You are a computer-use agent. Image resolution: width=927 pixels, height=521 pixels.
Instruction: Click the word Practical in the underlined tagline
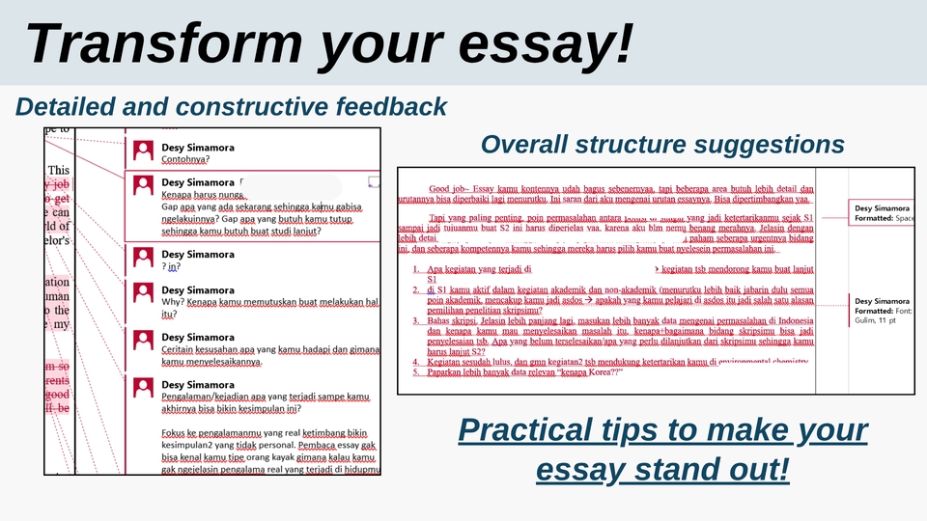click(x=545, y=430)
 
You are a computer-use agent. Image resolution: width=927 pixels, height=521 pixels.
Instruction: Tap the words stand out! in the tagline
click(x=714, y=471)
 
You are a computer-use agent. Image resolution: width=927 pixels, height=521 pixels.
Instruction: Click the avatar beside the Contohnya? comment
click(x=144, y=151)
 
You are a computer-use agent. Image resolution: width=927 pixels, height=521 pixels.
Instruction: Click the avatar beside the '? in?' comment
click(x=144, y=259)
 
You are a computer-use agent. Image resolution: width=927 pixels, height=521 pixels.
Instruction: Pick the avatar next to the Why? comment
click(x=144, y=294)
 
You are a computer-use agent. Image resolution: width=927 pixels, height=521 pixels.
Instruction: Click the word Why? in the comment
click(x=174, y=302)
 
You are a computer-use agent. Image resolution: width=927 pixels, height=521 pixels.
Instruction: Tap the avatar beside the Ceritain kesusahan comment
click(x=144, y=340)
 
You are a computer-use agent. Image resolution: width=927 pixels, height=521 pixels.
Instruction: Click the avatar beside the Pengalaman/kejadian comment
click(x=144, y=388)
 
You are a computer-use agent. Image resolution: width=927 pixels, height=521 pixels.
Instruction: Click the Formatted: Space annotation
click(x=883, y=218)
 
